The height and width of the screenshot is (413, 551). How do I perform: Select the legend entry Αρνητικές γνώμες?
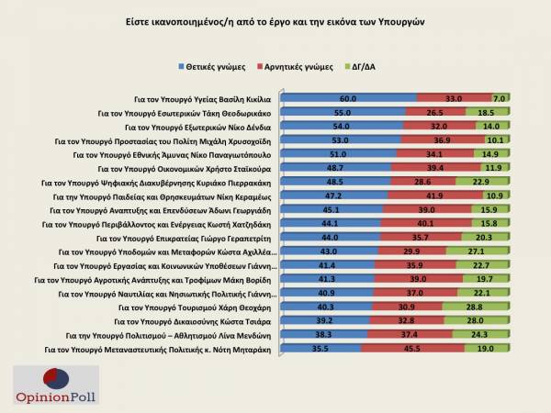pos(299,68)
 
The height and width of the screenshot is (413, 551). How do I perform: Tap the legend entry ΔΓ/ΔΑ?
pos(366,68)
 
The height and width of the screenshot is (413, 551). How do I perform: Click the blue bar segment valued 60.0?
pos(348,97)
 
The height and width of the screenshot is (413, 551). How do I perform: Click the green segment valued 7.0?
pos(500,97)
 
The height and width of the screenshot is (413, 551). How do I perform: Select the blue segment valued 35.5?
pos(320,350)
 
